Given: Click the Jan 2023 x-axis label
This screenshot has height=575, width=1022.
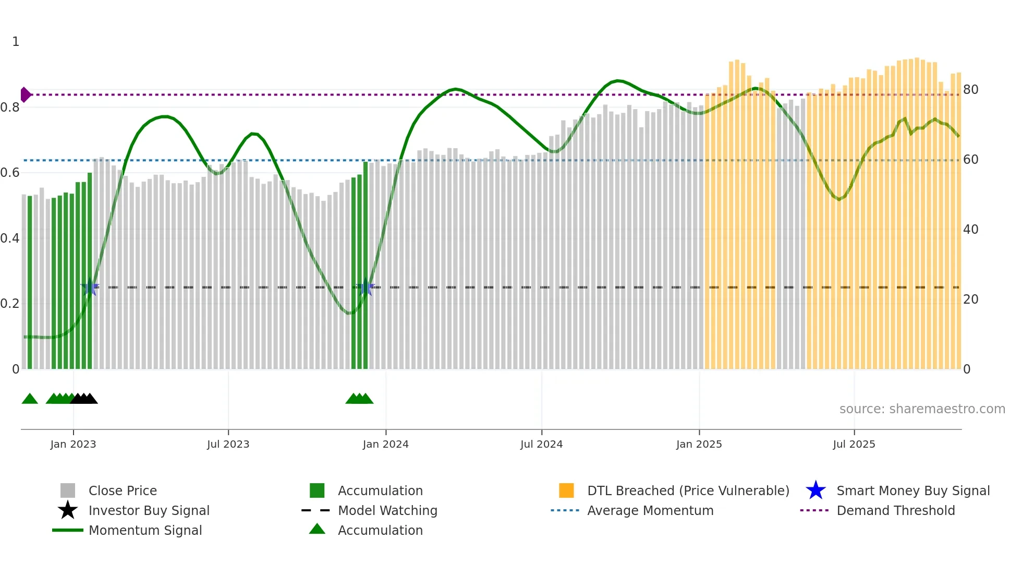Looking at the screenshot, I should coord(73,445).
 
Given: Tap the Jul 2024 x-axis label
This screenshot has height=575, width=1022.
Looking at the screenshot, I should coord(541,445).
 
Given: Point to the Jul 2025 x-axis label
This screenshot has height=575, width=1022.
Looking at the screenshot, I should coord(854,445).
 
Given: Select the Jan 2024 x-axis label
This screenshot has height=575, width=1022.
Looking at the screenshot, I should coord(385,445).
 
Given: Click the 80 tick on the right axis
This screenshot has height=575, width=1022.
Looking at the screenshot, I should coord(970,90).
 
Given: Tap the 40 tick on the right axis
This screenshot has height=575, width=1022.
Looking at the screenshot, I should coord(970,230).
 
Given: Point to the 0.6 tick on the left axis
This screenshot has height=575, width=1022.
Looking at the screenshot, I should coord(10,173).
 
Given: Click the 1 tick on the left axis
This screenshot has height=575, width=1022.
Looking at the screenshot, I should coord(16,42).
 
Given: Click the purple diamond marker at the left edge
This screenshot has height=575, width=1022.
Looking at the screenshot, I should coord(25,95).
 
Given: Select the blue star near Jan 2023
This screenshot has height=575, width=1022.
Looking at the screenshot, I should coord(90,287).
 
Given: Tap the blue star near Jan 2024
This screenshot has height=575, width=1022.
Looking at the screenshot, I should coord(366,287).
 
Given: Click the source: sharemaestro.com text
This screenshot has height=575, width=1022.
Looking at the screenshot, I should coord(922,409).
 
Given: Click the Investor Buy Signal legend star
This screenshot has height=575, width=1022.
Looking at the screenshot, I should coord(68,510).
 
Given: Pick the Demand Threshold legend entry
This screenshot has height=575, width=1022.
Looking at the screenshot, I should coord(895,511).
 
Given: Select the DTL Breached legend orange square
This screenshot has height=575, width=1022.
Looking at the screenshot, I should coord(566,490).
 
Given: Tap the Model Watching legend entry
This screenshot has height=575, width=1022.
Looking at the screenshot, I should coord(387,511).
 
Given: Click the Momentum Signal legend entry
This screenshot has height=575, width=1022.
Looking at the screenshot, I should coord(145,531).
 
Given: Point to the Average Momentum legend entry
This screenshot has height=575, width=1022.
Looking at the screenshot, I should coord(650,511).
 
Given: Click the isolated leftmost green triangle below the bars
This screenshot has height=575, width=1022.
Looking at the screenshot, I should coord(30,399).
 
